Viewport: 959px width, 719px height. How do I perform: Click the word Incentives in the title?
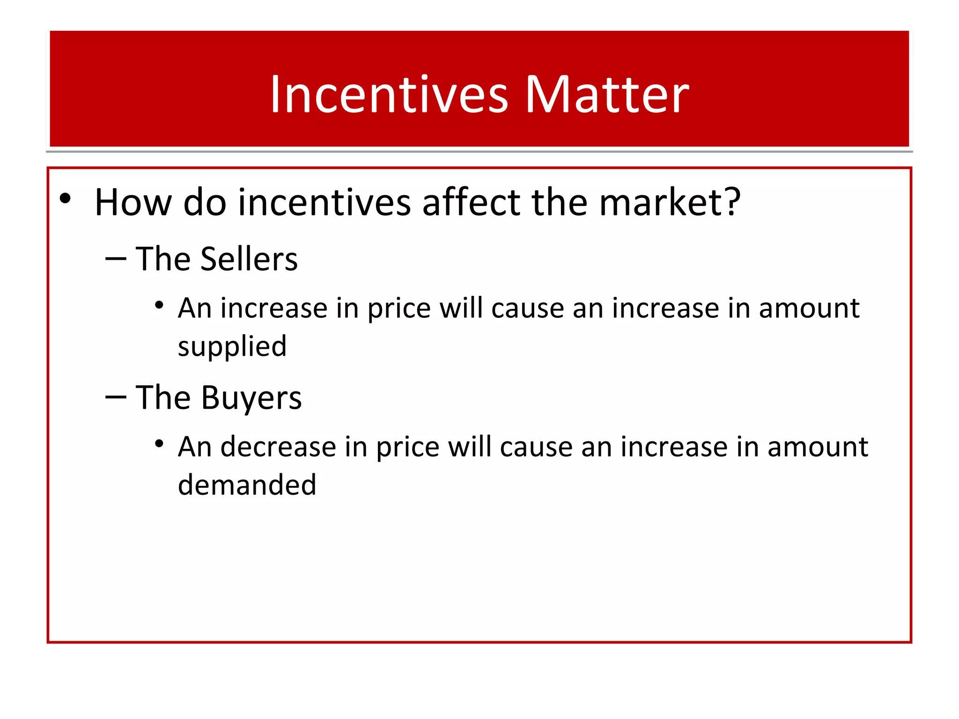point(389,95)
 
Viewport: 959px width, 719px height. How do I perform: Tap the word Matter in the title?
point(607,95)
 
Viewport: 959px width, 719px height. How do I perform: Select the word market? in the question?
point(670,203)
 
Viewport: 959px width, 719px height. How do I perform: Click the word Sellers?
point(249,259)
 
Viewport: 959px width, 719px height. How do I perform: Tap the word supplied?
point(232,347)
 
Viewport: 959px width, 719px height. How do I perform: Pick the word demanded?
point(247,485)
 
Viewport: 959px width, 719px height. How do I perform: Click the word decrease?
point(278,447)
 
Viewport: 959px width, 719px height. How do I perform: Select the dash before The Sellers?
point(116,259)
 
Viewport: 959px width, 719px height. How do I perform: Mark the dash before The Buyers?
point(116,397)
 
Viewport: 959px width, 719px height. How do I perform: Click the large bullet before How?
point(66,199)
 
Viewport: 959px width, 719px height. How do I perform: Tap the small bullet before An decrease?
point(159,443)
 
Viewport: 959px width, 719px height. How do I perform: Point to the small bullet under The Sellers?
point(159,305)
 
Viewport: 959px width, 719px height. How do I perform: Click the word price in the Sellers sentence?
point(398,309)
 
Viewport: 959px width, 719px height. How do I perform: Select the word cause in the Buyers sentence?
point(536,447)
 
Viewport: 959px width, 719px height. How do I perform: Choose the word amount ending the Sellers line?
point(809,309)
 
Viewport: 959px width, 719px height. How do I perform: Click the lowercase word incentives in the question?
point(324,203)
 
